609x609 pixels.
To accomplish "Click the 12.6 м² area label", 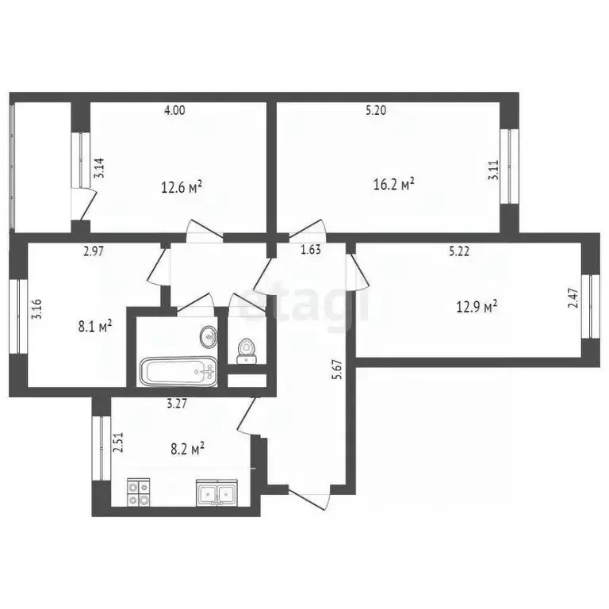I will click(x=182, y=187).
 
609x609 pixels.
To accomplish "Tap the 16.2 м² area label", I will click(x=394, y=185).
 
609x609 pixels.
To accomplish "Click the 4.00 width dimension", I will click(x=174, y=111).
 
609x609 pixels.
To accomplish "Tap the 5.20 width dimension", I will click(x=376, y=111).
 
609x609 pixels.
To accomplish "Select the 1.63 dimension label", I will click(x=310, y=251).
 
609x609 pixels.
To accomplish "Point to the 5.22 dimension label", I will click(x=459, y=251).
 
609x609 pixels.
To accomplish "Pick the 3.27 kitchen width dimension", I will click(x=176, y=403).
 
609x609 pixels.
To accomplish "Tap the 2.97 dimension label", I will click(x=96, y=251).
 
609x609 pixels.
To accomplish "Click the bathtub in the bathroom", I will click(x=178, y=370).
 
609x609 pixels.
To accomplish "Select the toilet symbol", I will click(x=247, y=350).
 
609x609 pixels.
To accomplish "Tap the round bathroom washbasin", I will click(x=209, y=336).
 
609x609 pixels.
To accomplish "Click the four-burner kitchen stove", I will click(x=138, y=492).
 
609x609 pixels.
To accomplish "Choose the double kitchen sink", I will click(x=216, y=494).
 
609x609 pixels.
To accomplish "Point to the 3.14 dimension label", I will click(x=98, y=170).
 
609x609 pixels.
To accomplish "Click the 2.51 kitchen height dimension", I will click(x=117, y=440).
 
